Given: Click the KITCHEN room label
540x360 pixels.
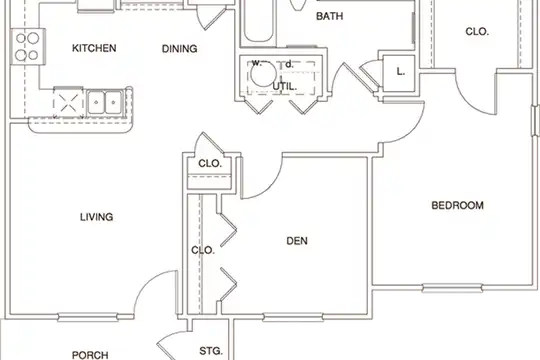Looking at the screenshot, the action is click(94, 48).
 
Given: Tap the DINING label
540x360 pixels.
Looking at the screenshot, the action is click(179, 49).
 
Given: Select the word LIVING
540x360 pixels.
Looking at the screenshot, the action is click(96, 217).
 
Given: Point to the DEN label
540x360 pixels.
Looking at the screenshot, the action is click(297, 240).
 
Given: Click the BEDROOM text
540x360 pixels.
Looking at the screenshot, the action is click(457, 205).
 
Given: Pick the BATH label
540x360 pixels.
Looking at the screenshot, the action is click(330, 16).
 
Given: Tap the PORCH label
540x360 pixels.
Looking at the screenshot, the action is click(90, 355).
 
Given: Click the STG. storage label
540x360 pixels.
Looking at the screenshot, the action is click(211, 351).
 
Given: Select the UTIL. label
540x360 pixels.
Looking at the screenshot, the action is click(284, 86).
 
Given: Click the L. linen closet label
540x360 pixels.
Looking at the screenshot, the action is click(400, 72).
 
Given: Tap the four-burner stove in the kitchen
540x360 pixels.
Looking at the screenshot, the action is click(28, 46).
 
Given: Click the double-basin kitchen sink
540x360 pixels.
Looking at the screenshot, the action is click(105, 102).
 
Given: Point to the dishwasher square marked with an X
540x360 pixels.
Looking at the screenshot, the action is click(68, 103).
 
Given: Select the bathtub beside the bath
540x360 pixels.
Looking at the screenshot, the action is click(259, 21).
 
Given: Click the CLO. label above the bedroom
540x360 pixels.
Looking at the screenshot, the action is click(477, 32).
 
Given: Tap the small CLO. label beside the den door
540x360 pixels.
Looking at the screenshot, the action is click(210, 163).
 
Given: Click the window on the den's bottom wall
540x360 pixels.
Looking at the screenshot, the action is click(293, 317).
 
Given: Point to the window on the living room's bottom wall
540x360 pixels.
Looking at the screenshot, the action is click(88, 317).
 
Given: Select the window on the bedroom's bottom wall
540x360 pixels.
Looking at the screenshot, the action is click(452, 288).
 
